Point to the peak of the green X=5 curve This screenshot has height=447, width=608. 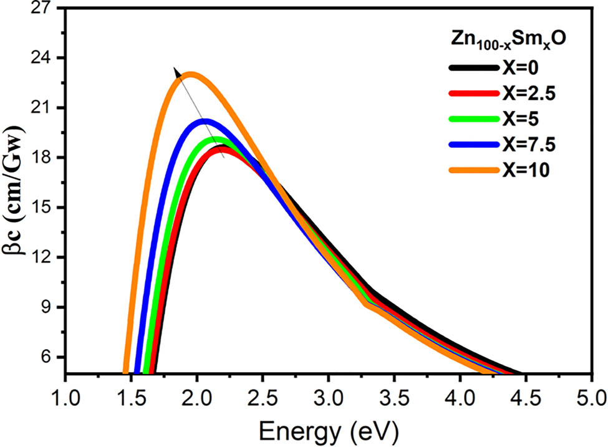click(x=215, y=140)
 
